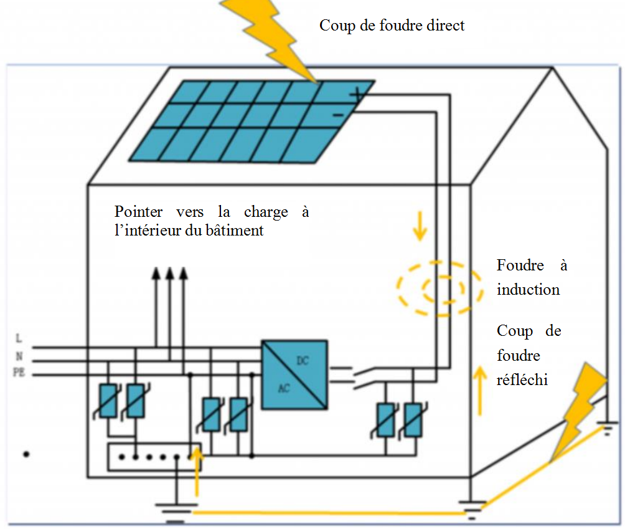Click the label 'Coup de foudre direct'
[392, 26]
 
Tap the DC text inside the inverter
[303, 361]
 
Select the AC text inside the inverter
[284, 388]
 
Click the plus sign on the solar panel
[357, 95]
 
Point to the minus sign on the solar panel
[338, 115]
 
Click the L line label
[19, 338]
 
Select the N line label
[19, 356]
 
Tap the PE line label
[19, 372]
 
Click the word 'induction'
[528, 290]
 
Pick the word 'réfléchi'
[522, 379]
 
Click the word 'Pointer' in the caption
[138, 211]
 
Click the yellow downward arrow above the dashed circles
[420, 226]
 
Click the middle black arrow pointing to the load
[170, 307]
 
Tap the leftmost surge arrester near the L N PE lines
[108, 401]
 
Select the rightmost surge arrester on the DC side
[413, 420]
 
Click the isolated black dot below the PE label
[26, 454]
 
